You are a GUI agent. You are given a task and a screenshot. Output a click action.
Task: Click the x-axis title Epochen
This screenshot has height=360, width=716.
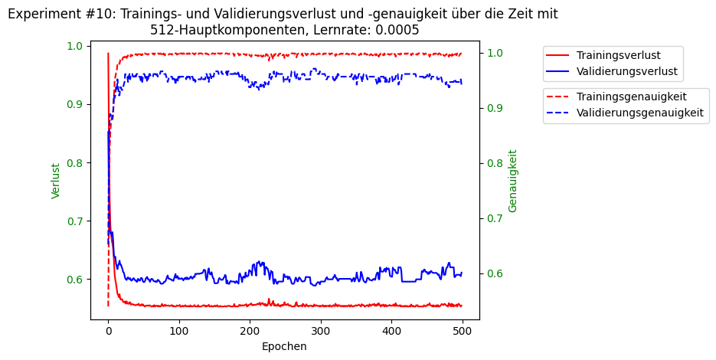tap(284, 346)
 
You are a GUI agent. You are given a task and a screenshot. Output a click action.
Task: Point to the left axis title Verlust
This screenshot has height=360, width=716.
tap(56, 181)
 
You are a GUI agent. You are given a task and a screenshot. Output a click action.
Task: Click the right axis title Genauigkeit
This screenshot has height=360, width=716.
tap(513, 181)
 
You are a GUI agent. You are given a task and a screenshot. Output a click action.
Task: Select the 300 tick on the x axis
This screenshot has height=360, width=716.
tap(250, 331)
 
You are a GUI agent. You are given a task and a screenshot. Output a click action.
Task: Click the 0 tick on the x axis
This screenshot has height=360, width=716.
tap(108, 331)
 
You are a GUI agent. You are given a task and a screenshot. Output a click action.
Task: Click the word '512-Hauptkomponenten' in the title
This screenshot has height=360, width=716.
tap(212, 30)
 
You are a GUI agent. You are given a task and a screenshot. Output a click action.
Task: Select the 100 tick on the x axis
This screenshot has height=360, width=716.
tap(178, 331)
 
